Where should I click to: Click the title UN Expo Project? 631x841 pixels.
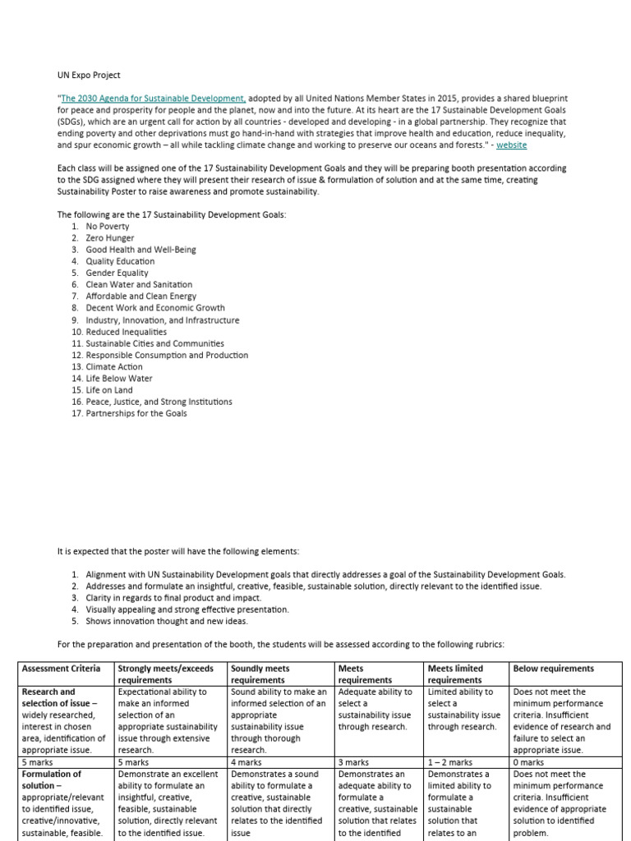tap(90, 74)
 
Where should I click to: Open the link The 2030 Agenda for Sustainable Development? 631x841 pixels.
tap(153, 98)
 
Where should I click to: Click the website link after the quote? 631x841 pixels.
tap(511, 145)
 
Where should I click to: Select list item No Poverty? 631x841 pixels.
tap(108, 226)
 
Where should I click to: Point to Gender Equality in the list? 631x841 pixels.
tap(117, 273)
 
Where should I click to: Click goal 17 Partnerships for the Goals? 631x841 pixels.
tap(136, 413)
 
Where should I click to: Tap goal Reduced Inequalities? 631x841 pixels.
tap(126, 332)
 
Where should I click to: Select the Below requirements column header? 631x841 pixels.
tap(553, 669)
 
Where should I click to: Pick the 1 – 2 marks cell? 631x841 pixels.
tap(449, 762)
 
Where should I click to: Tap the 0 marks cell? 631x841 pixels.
tap(530, 762)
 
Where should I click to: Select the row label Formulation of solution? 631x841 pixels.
tap(52, 779)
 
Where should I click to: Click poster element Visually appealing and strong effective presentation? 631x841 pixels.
tap(187, 609)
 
